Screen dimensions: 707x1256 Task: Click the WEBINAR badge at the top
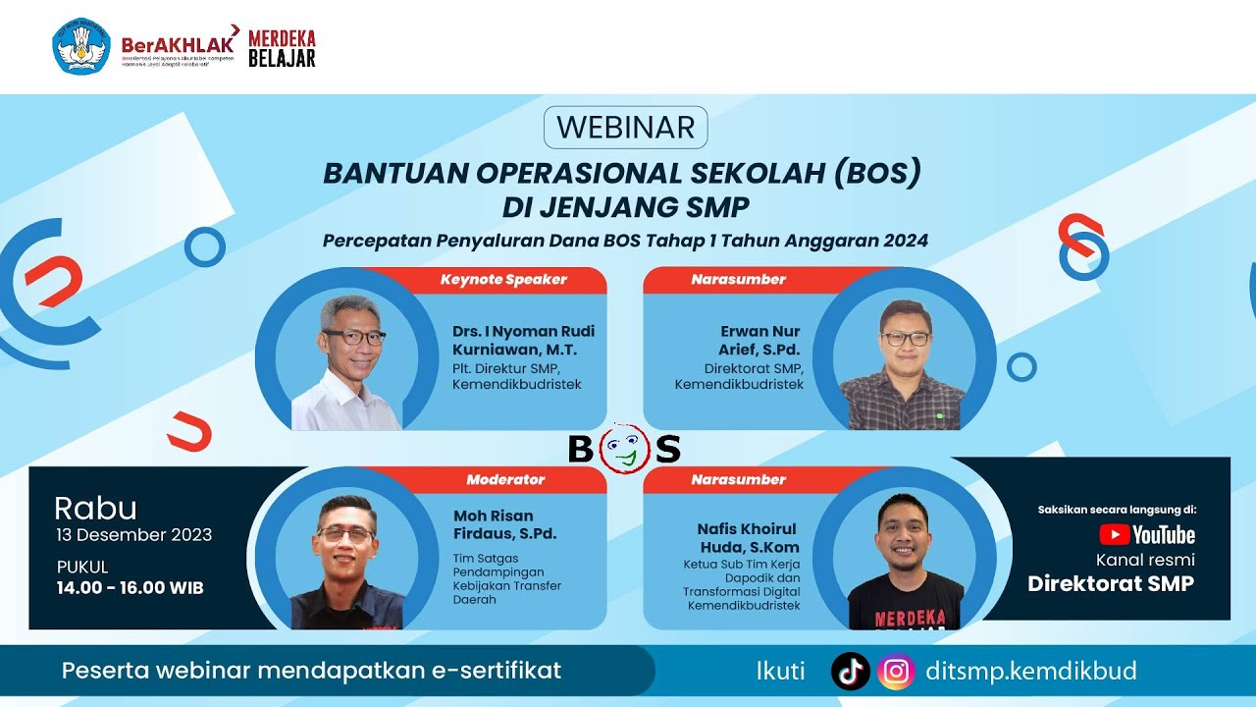(625, 128)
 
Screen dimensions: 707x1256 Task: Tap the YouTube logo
(1147, 534)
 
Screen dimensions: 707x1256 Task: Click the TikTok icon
(850, 671)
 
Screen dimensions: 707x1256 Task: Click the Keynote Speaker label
(503, 280)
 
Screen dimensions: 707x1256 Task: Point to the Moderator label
(505, 480)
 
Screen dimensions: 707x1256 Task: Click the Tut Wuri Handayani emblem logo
(80, 46)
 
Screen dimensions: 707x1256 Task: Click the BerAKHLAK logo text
(178, 44)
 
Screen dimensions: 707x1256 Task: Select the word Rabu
(95, 509)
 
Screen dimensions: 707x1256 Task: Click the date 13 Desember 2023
(133, 535)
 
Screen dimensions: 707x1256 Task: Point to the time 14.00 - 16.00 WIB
(131, 587)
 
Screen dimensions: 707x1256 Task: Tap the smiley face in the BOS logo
(624, 450)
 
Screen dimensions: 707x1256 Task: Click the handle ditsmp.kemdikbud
(1031, 672)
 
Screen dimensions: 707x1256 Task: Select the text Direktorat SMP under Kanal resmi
(1111, 583)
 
